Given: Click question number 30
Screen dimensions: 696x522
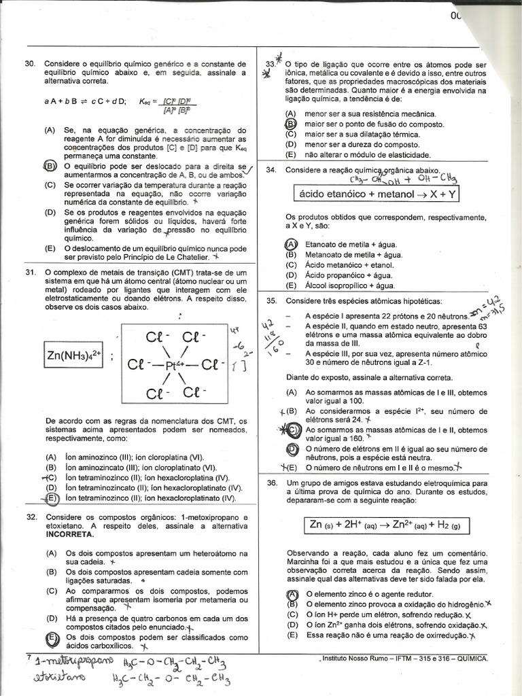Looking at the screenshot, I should [x=30, y=63].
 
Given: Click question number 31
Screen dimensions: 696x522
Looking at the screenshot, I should [x=30, y=273].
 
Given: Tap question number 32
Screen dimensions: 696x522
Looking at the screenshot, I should [x=30, y=517].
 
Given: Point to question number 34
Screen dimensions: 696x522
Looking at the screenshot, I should [x=271, y=169].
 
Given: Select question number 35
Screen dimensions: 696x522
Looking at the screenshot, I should [x=271, y=300].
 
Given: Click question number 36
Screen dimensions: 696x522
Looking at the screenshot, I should [x=271, y=483].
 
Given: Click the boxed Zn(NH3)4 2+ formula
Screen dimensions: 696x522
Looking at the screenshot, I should [x=73, y=356].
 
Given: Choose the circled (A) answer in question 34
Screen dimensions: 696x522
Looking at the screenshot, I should [x=290, y=244].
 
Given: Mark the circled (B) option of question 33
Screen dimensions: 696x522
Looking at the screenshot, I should [x=290, y=124].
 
